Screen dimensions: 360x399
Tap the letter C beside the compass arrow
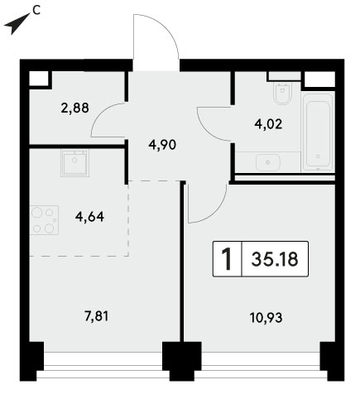tap(36, 10)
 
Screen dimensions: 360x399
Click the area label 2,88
tap(75, 108)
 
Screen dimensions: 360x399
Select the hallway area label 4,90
tap(162, 145)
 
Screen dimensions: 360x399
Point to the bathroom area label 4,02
tap(268, 124)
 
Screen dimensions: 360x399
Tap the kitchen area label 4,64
tap(89, 217)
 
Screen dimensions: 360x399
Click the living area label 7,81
tap(97, 316)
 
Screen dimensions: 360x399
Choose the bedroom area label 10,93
tap(266, 318)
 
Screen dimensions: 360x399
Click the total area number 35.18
tap(275, 259)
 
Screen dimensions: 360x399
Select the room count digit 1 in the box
tap(228, 259)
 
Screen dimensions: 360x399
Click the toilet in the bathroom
tap(282, 93)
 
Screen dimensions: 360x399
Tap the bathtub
tap(318, 132)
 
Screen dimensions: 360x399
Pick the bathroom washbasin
tap(268, 162)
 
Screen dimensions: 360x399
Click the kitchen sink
tap(75, 163)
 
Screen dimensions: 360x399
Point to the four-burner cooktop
tap(44, 220)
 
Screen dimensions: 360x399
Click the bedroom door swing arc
tap(218, 211)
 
